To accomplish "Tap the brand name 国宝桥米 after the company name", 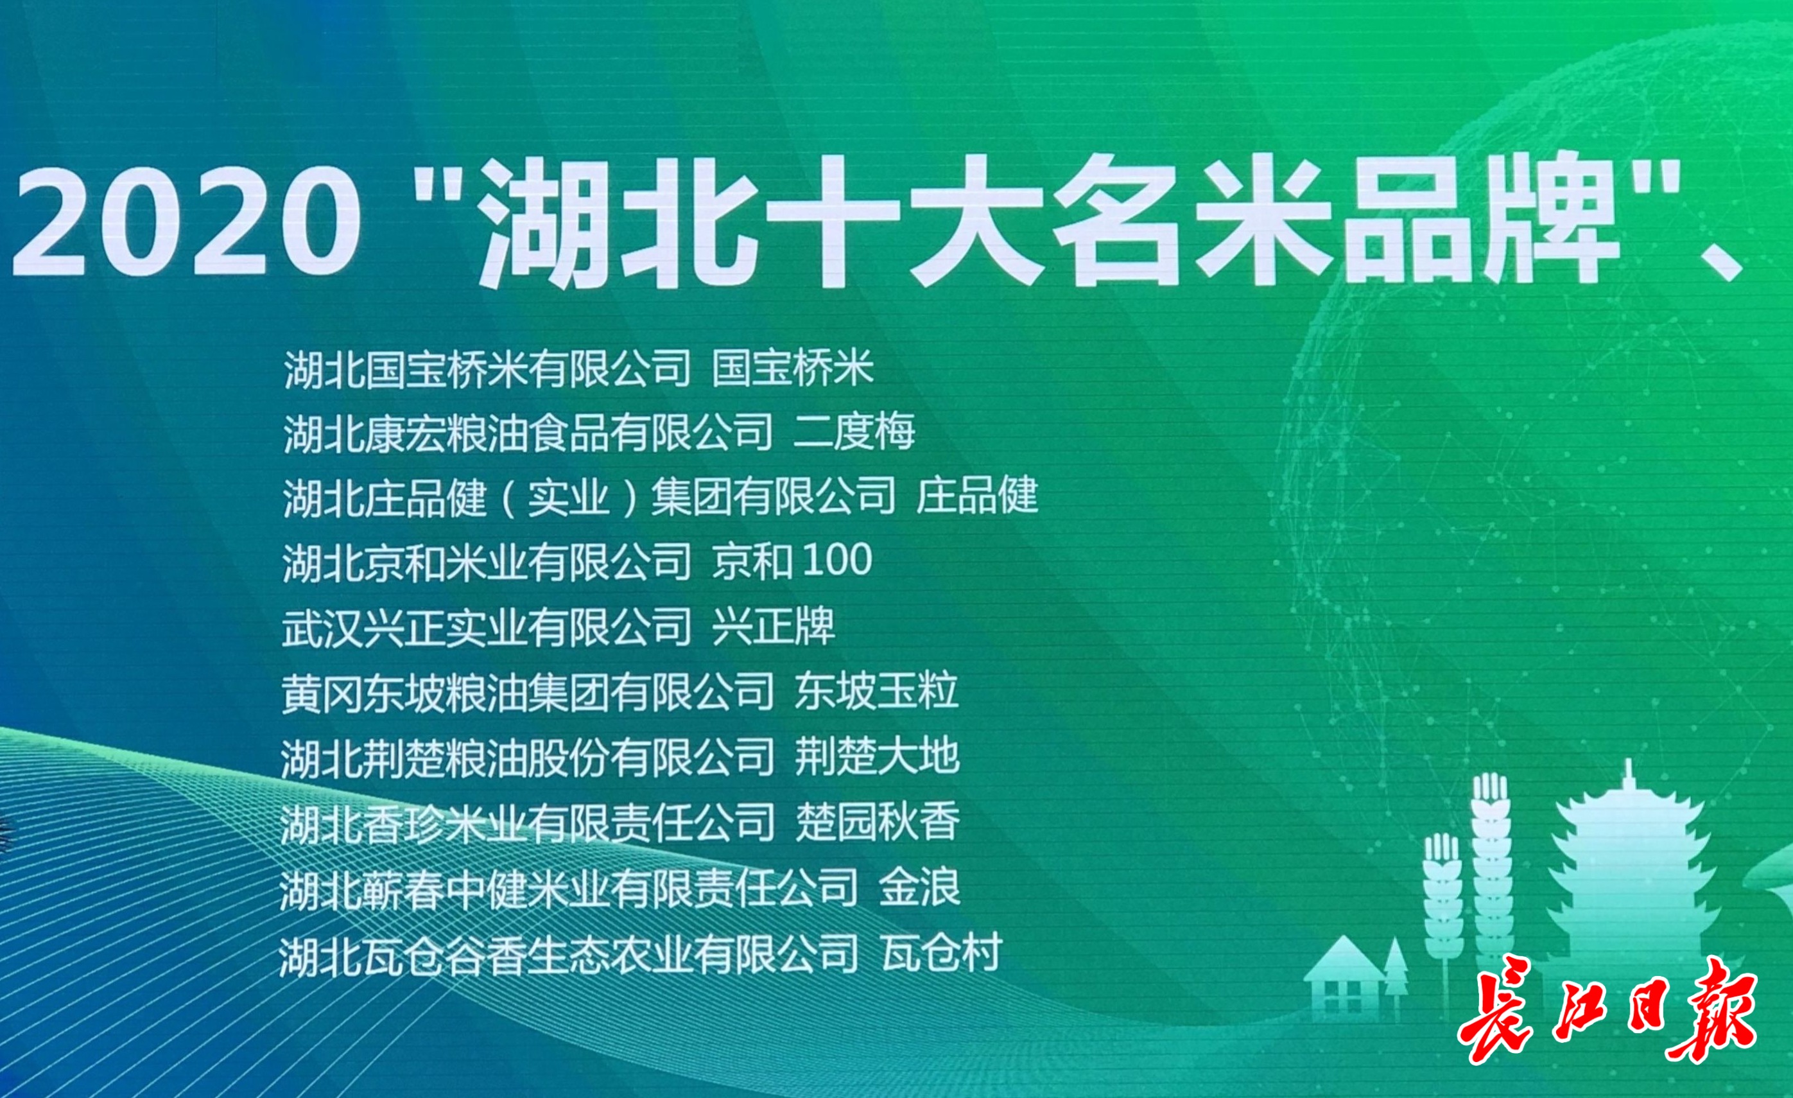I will [x=792, y=368].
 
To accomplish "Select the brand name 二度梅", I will [x=854, y=432].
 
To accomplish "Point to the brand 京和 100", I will [x=792, y=561].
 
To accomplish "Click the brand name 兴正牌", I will [x=773, y=626].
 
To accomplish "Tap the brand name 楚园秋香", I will [x=877, y=821].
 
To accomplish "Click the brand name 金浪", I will [x=919, y=887].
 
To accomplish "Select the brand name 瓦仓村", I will [x=942, y=952].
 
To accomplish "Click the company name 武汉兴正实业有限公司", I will [x=486, y=626].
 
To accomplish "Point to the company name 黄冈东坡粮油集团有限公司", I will [x=528, y=690].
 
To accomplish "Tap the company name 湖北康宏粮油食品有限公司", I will [x=528, y=432].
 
